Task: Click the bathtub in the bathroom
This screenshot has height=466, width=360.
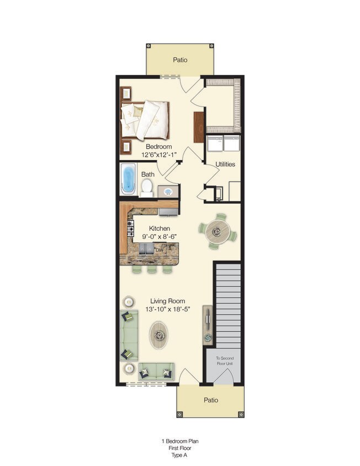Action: [x=129, y=179]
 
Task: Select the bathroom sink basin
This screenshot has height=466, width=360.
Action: [x=168, y=192]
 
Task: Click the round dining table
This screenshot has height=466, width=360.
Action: [x=218, y=231]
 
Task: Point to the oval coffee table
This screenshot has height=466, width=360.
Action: [x=158, y=335]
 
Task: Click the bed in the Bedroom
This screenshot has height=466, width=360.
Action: [x=145, y=120]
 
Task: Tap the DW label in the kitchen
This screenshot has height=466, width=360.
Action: [x=160, y=250]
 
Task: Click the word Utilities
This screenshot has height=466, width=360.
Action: [x=225, y=165]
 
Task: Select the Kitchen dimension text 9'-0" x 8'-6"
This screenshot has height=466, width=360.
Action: [x=160, y=237]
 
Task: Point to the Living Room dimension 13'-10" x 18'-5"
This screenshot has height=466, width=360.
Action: [x=168, y=309]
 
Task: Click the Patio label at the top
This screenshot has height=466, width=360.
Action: [x=180, y=60]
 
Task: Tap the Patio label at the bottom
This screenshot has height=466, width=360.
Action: [x=211, y=400]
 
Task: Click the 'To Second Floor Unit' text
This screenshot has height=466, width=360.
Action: [x=225, y=361]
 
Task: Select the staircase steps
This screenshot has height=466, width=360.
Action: [x=228, y=305]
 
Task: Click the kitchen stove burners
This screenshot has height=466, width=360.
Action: [x=130, y=228]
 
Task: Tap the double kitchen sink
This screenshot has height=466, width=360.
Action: [x=146, y=249]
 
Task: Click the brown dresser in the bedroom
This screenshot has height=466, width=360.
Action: [x=199, y=127]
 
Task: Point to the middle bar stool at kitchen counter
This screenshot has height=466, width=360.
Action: [x=152, y=269]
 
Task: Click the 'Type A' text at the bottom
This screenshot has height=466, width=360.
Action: [x=179, y=455]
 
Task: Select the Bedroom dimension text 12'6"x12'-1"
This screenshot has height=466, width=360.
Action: [x=159, y=155]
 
